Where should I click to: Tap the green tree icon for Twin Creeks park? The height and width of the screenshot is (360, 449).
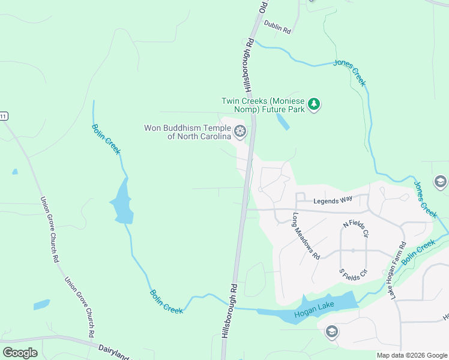pyautogui.click(x=314, y=105)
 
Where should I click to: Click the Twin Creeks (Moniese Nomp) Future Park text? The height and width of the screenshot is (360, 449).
pyautogui.click(x=263, y=105)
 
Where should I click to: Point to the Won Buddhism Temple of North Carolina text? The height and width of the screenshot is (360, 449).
pyautogui.click(x=187, y=132)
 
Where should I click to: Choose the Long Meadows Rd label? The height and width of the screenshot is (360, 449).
pyautogui.click(x=306, y=235)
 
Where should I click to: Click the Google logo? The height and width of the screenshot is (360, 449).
pyautogui.click(x=20, y=352)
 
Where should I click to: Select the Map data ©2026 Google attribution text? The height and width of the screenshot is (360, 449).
pyautogui.click(x=411, y=355)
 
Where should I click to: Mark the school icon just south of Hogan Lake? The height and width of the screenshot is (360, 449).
pyautogui.click(x=331, y=331)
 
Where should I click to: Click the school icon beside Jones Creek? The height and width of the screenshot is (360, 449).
pyautogui.click(x=441, y=182)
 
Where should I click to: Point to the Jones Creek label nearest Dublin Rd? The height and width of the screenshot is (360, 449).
pyautogui.click(x=350, y=73)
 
